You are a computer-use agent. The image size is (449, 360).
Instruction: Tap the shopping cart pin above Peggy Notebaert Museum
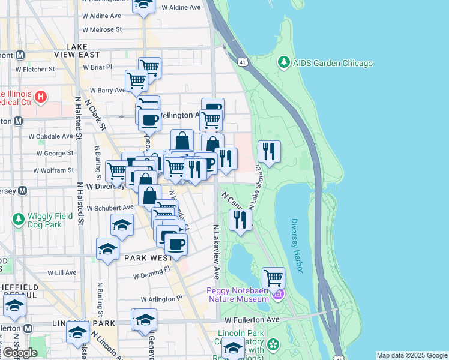click(273, 278)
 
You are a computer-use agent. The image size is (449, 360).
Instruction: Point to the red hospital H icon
click(40, 97)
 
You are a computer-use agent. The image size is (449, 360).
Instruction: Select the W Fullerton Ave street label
click(253, 319)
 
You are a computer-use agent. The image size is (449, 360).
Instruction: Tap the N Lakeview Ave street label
click(215, 252)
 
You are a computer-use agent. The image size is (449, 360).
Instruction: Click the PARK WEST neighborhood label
click(144, 257)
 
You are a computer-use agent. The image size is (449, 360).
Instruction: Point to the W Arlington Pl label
click(161, 298)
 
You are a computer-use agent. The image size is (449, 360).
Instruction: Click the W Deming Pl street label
click(152, 275)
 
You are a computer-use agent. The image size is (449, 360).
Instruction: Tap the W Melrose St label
click(102, 29)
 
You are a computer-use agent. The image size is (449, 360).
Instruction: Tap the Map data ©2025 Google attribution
click(411, 355)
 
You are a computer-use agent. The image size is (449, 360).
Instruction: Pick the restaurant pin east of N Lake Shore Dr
click(270, 152)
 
